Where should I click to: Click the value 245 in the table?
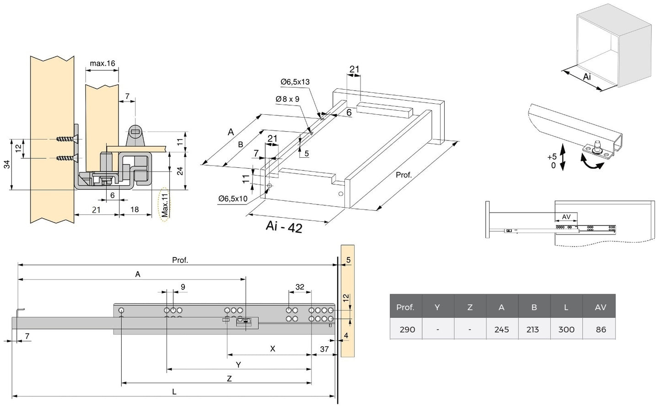[502, 329]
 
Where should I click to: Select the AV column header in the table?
[600, 307]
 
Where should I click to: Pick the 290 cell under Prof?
[407, 329]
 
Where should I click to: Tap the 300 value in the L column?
[566, 329]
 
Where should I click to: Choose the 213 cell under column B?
[533, 329]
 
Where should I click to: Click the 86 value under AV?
[600, 329]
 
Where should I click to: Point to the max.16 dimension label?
[102, 63]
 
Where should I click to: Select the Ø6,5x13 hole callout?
[295, 82]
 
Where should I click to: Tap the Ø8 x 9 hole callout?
[287, 99]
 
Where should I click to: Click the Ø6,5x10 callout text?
[233, 198]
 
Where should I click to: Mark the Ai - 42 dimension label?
[284, 226]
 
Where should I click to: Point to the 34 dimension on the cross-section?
[7, 164]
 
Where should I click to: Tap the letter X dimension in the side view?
[273, 349]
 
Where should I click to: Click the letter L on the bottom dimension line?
[174, 391]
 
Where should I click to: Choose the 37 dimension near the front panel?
[324, 349]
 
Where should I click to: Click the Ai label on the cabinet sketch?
[587, 77]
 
